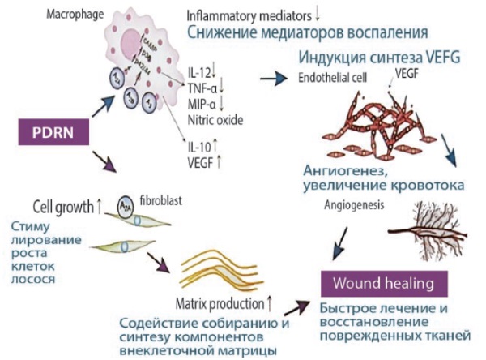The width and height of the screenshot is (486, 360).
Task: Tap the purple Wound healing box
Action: pyautogui.click(x=383, y=284)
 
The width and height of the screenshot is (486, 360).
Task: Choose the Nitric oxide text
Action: pyautogui.click(x=214, y=120)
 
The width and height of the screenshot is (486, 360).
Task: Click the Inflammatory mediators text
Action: pyautogui.click(x=252, y=14)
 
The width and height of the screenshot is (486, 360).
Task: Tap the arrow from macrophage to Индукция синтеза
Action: pyautogui.click(x=275, y=78)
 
